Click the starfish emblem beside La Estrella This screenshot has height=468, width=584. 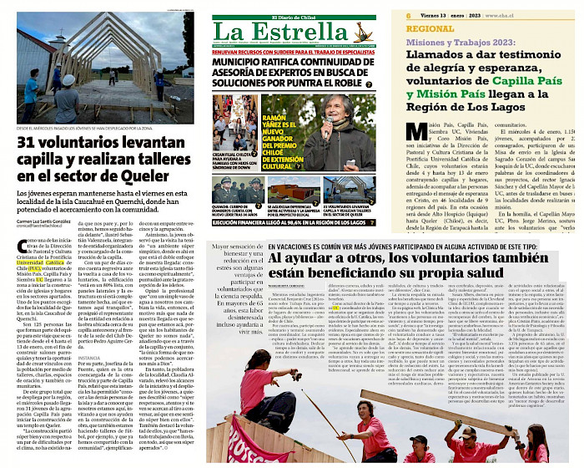pyautogui.click(x=361, y=33)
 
